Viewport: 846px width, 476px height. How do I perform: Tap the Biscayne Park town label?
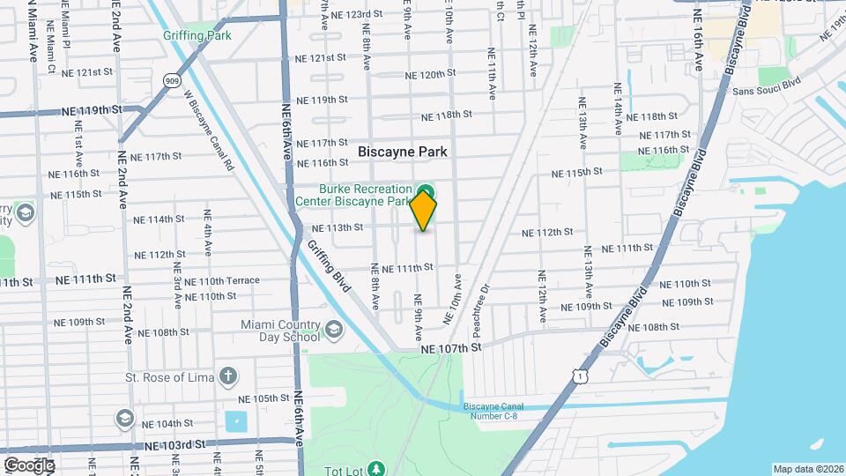[402, 152]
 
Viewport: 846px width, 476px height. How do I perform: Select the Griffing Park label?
[197, 36]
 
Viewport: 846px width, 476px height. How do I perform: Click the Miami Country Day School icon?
[333, 330]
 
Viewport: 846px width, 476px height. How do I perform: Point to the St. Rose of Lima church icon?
[227, 377]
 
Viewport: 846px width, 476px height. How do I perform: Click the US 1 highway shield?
[579, 376]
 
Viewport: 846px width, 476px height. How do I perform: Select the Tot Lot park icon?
[377, 467]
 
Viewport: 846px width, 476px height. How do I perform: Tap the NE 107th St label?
[450, 348]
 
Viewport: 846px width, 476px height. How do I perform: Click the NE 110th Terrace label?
[228, 281]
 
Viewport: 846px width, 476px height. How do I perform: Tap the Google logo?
[28, 465]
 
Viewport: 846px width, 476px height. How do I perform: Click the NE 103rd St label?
[173, 444]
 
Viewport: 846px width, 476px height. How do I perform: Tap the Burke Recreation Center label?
[365, 195]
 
